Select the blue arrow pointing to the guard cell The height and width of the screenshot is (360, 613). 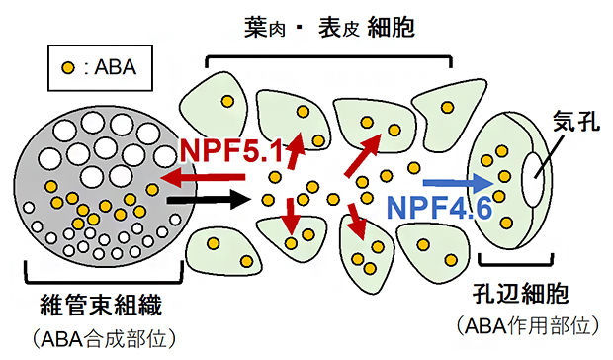click(457, 182)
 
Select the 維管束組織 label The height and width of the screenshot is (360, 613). click(100, 299)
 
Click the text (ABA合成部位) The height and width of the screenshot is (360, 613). click(100, 337)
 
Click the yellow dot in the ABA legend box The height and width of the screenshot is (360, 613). click(67, 68)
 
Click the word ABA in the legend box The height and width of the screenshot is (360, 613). click(113, 68)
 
